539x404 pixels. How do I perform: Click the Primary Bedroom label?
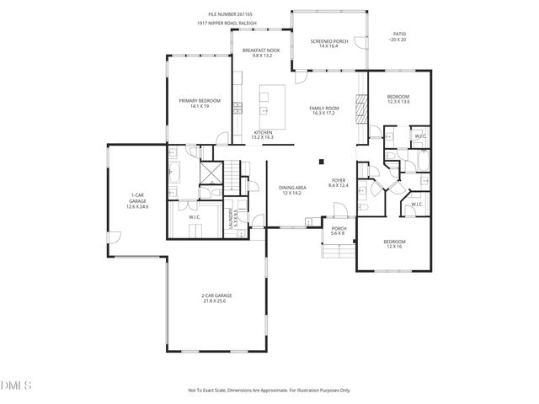[x=199, y=104]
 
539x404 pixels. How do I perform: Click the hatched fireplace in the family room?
[x=362, y=109]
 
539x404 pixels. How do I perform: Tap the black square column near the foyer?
[x=321, y=162]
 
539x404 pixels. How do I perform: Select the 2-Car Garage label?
[x=216, y=298]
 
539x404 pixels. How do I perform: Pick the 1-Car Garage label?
[x=136, y=201]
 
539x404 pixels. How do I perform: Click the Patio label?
[x=398, y=36]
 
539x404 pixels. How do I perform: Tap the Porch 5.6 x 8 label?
[x=339, y=231]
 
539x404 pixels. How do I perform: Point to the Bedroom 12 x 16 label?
[x=394, y=244]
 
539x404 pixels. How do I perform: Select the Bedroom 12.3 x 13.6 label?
[x=398, y=99]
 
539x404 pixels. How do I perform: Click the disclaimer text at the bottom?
[x=269, y=390]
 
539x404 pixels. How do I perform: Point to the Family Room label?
[x=323, y=110]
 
